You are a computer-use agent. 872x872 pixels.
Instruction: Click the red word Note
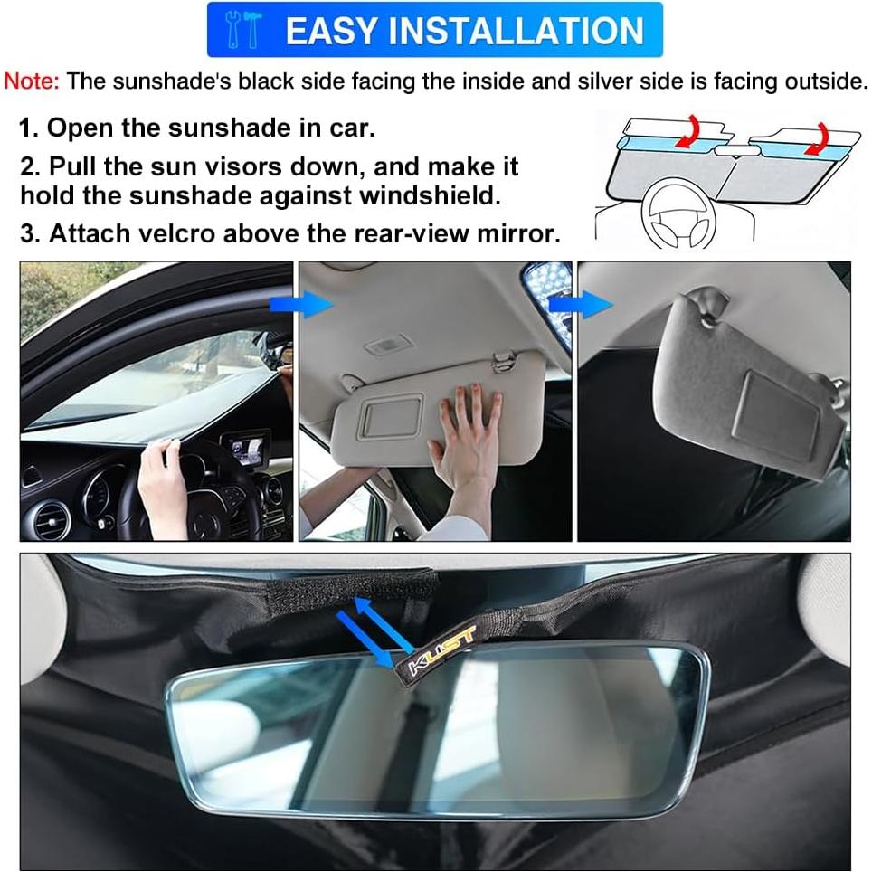(32, 81)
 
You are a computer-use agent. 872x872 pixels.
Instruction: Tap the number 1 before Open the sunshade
(27, 128)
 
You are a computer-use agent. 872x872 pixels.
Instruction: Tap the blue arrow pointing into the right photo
(592, 304)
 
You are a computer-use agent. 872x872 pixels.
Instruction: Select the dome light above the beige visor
(389, 346)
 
